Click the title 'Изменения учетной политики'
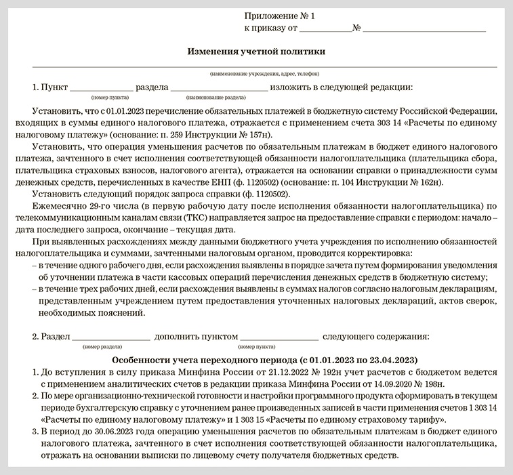click(255, 51)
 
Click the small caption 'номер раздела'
click(100, 346)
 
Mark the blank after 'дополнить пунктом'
click(279, 336)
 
